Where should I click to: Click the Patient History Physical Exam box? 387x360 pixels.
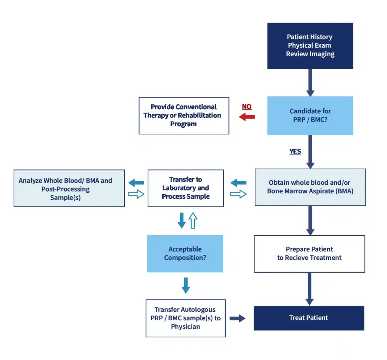point(310,46)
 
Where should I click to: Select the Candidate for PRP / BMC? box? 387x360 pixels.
point(310,116)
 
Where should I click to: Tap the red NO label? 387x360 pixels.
point(246,107)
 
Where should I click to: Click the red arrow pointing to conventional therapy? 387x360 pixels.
point(247,117)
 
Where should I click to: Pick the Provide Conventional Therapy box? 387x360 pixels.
point(184,116)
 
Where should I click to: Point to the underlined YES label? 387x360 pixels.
point(295,151)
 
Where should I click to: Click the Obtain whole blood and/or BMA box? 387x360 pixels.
point(310,187)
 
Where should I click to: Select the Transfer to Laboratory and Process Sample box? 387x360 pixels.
point(186,188)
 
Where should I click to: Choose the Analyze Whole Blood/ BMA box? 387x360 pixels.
point(69,188)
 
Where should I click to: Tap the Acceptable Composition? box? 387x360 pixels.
point(185,253)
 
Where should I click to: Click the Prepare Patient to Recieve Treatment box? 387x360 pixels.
point(310,254)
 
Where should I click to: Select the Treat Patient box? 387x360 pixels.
point(309,318)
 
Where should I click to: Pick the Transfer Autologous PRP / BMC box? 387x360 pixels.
point(186,318)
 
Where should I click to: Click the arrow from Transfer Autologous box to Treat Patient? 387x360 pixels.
point(237,318)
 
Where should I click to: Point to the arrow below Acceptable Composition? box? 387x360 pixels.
point(186,286)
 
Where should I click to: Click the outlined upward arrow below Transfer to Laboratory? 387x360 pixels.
point(193,220)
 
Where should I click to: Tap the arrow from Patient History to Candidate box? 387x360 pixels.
point(310,83)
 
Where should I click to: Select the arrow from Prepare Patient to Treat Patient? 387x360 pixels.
point(310,289)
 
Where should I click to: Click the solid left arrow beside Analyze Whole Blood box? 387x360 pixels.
point(136,183)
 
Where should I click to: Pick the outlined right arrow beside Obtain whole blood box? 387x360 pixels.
point(238,194)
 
